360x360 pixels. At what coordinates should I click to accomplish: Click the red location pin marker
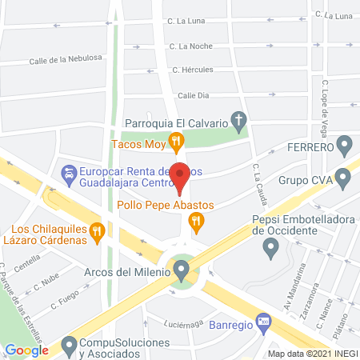pyautogui.click(x=181, y=176)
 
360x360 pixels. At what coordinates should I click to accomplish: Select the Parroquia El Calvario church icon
pyautogui.click(x=238, y=122)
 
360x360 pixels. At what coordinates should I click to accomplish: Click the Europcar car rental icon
pyautogui.click(x=70, y=173)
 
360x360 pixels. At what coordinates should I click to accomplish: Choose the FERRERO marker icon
pyautogui.click(x=345, y=147)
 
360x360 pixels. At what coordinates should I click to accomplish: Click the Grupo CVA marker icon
pyautogui.click(x=345, y=179)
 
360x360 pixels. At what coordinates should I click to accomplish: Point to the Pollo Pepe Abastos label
pyautogui.click(x=165, y=205)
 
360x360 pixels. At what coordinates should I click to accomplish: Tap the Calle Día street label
pyautogui.click(x=193, y=95)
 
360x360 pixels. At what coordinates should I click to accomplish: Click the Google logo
pyautogui.click(x=27, y=350)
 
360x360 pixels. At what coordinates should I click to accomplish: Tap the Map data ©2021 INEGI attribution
pyautogui.click(x=312, y=353)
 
